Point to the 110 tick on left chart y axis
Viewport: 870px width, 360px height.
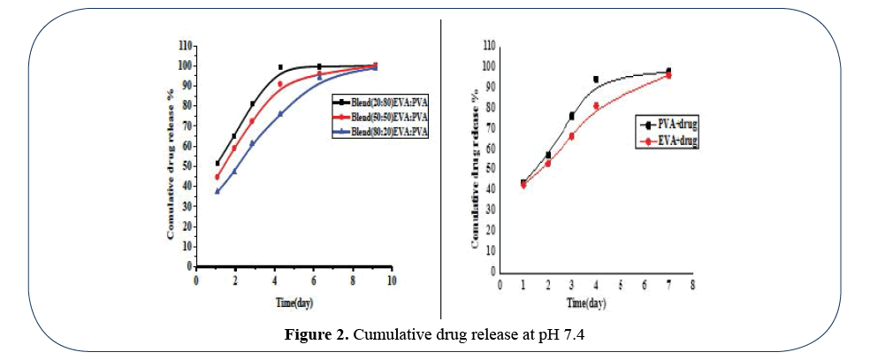(185, 44)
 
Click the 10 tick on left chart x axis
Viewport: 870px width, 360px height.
(390, 280)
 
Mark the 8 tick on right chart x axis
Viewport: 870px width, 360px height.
(692, 284)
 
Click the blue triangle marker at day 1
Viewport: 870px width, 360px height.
(217, 190)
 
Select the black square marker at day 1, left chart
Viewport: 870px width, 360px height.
(217, 164)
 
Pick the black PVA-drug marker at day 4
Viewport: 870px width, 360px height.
(596, 80)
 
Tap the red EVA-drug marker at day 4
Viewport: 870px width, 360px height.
(596, 106)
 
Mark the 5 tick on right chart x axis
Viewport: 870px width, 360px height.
(620, 284)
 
